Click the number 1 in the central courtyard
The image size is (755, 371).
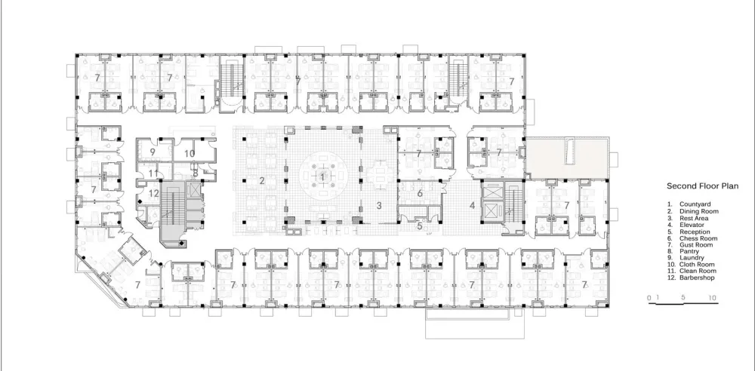[323, 176]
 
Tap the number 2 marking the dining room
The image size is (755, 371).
[262, 180]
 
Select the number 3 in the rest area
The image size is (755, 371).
[380, 204]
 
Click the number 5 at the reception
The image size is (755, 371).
[421, 224]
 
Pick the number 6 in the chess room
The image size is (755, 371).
[421, 193]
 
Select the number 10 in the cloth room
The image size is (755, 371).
[190, 152]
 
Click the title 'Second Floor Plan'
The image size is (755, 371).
[695, 185]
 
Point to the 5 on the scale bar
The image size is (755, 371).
[683, 299]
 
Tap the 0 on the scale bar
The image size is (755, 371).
[649, 299]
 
